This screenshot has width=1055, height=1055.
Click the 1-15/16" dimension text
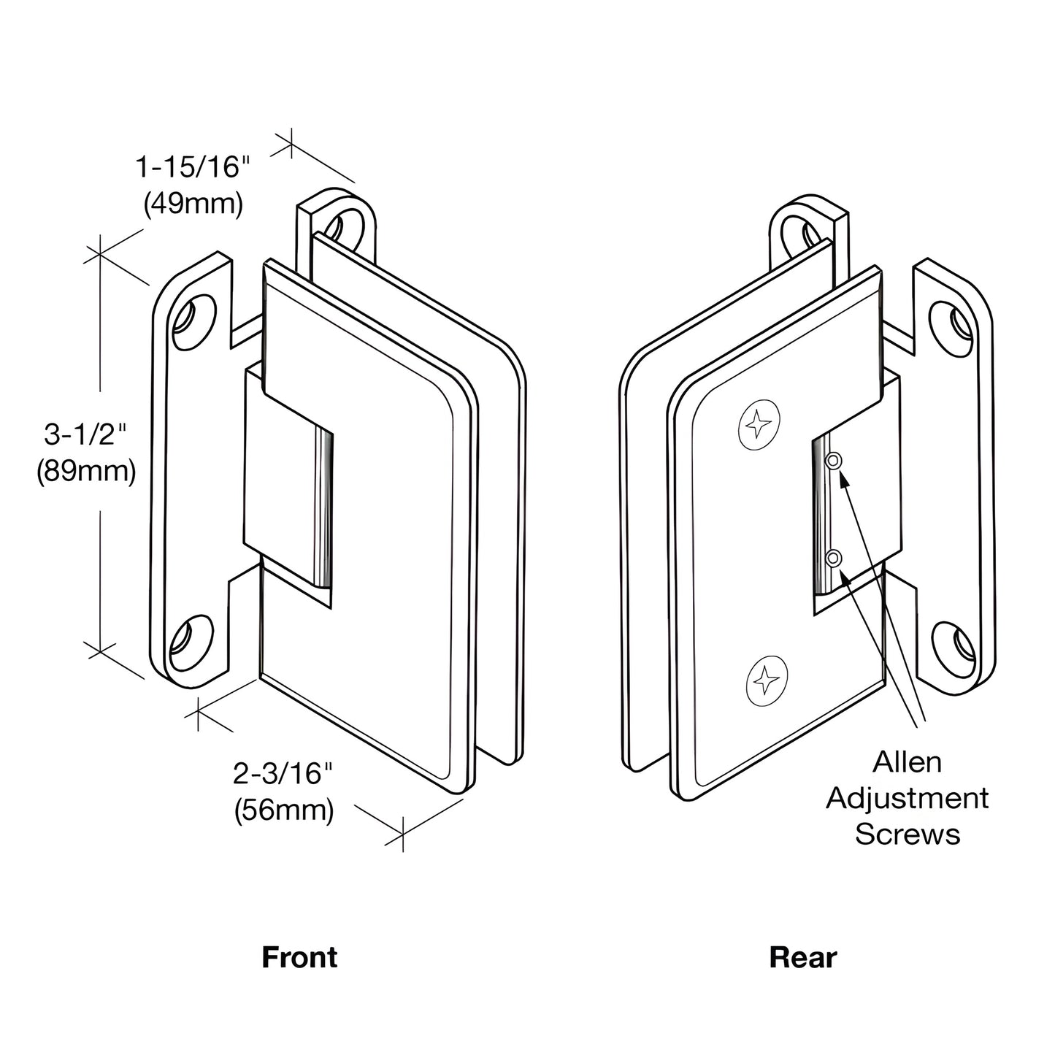pos(188,167)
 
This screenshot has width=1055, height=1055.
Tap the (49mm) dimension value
pos(193,204)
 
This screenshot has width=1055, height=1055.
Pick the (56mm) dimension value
pos(284,810)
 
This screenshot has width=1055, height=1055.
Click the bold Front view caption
pos(299,957)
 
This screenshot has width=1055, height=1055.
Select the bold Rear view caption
pos(802,957)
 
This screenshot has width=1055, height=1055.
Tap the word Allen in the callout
pos(908,762)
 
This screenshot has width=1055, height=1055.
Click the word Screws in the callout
pos(908,834)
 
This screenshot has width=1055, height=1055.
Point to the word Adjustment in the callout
pos(908,798)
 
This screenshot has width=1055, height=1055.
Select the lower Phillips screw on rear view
pos(767,680)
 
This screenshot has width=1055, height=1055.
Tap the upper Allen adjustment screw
pos(833,460)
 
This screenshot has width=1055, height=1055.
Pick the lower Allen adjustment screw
pos(834,559)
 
